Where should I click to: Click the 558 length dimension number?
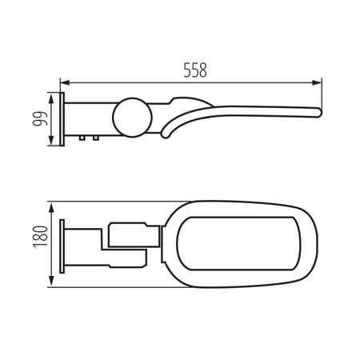coord(192,70)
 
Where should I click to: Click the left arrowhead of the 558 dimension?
coord(66,82)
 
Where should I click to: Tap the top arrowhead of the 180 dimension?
coord(54,202)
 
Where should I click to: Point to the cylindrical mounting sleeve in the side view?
coord(88,118)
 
